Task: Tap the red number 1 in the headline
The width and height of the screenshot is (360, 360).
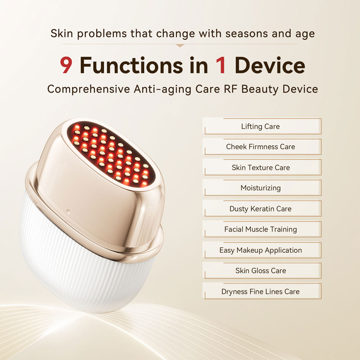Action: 220,66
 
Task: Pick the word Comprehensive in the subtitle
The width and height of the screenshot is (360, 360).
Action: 88,89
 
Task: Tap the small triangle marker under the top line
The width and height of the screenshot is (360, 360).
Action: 180,46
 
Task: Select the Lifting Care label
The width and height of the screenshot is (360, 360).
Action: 260,126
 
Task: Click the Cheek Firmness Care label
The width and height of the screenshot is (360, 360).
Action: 260,147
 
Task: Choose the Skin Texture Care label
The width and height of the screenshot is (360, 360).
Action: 260,167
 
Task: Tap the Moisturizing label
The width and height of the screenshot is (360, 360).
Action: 260,188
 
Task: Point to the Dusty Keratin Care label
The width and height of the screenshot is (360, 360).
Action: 260,209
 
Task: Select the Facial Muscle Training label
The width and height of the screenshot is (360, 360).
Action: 260,229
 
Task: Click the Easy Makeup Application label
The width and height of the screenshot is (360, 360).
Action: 260,250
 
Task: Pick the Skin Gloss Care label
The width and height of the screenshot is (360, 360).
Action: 260,271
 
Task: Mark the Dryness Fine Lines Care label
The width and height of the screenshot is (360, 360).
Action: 260,292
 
